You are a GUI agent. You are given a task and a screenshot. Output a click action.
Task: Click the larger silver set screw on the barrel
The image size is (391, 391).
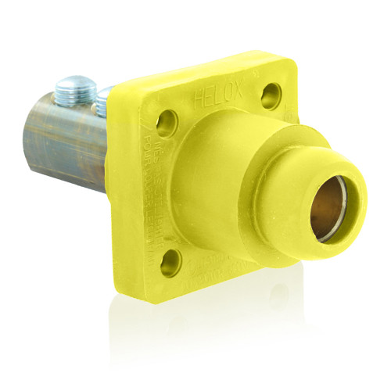(x=75, y=87)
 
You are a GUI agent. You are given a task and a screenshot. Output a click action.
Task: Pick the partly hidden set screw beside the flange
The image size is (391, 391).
(x=102, y=100)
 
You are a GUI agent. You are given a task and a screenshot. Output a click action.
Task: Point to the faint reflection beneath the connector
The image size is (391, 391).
(x=235, y=344)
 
